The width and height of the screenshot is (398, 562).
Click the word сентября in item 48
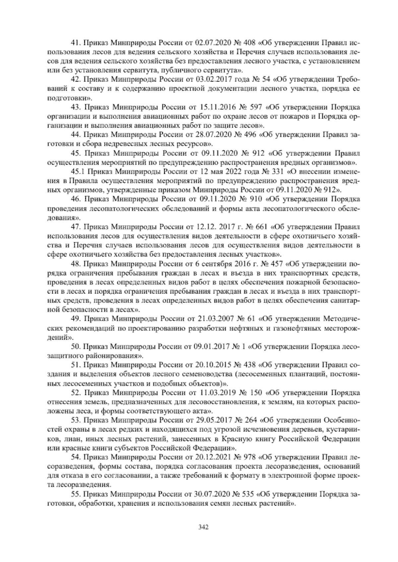pos(219,264)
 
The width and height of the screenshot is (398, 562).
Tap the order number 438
pos(250,365)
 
